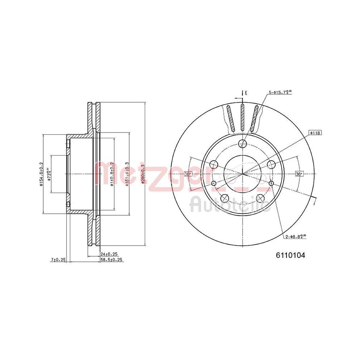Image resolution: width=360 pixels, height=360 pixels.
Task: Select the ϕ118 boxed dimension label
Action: coord(315,133)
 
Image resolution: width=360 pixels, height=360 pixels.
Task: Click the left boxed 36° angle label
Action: coord(188,174)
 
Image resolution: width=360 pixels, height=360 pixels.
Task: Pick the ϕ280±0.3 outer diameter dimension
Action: coord(143,174)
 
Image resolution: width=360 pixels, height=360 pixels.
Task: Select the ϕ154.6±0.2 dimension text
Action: coord(42,174)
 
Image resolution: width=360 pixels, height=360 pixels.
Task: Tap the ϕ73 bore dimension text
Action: coord(50,169)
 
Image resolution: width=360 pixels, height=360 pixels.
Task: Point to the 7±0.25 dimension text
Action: coord(58,260)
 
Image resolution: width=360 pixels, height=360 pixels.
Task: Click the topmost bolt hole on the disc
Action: coord(243,144)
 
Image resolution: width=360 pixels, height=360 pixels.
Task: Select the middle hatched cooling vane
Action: coord(242,118)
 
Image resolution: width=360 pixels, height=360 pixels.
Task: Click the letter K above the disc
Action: coord(246,93)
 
